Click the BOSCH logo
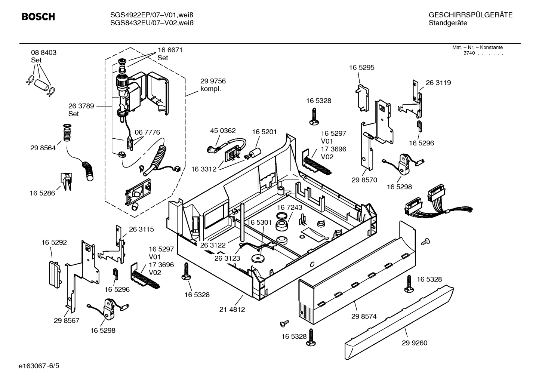[x=38, y=17]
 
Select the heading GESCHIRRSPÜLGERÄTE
[x=470, y=15]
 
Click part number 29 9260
[x=415, y=343]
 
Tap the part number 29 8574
[x=364, y=316]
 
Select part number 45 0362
[x=223, y=130]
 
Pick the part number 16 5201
[x=264, y=132]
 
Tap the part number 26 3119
[x=438, y=83]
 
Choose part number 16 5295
[x=361, y=67]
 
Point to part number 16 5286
[x=42, y=193]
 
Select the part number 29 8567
[x=67, y=320]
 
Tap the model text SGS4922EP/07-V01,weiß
[x=152, y=15]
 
